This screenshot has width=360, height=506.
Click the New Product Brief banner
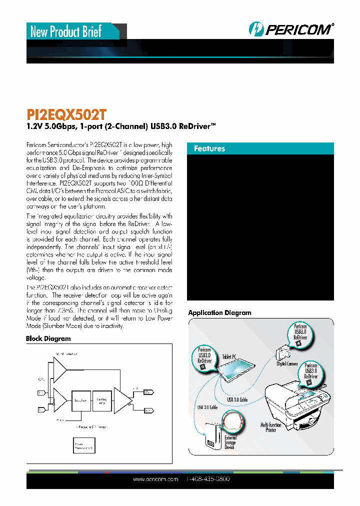pyautogui.click(x=66, y=32)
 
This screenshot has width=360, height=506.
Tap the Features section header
pyautogui.click(x=210, y=148)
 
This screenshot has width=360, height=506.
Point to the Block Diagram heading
pyautogui.click(x=48, y=338)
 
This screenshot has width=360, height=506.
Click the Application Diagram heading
pyautogui.click(x=219, y=312)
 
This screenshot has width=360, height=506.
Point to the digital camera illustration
pyautogui.click(x=282, y=353)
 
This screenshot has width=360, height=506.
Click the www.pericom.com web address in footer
pyautogui.click(x=155, y=479)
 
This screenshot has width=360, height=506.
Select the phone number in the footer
pyautogui.click(x=208, y=479)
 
